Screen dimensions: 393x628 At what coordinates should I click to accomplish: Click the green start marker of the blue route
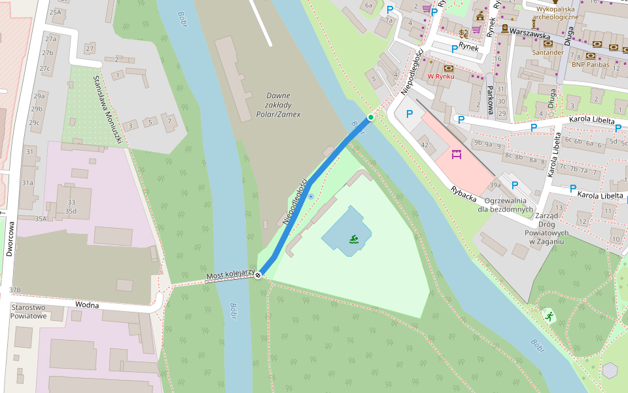(x=371, y=117)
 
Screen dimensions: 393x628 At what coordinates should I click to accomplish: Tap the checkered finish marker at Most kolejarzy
(x=258, y=275)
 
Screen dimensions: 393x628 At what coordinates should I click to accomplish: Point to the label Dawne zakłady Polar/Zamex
(x=283, y=105)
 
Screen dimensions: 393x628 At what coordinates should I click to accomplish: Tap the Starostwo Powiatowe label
(x=28, y=311)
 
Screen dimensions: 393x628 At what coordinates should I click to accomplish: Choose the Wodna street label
(x=86, y=305)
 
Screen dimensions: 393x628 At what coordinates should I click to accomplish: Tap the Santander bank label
(x=548, y=52)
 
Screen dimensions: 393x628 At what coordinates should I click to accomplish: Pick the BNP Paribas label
(x=590, y=64)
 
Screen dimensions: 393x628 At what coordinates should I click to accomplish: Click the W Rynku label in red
(x=441, y=77)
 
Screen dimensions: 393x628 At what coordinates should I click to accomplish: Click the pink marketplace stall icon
(x=457, y=155)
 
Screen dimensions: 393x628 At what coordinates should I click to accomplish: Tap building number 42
(x=424, y=145)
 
